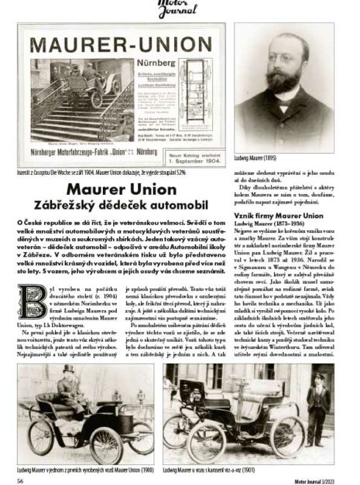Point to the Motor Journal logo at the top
pyautogui.click(x=180, y=7)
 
